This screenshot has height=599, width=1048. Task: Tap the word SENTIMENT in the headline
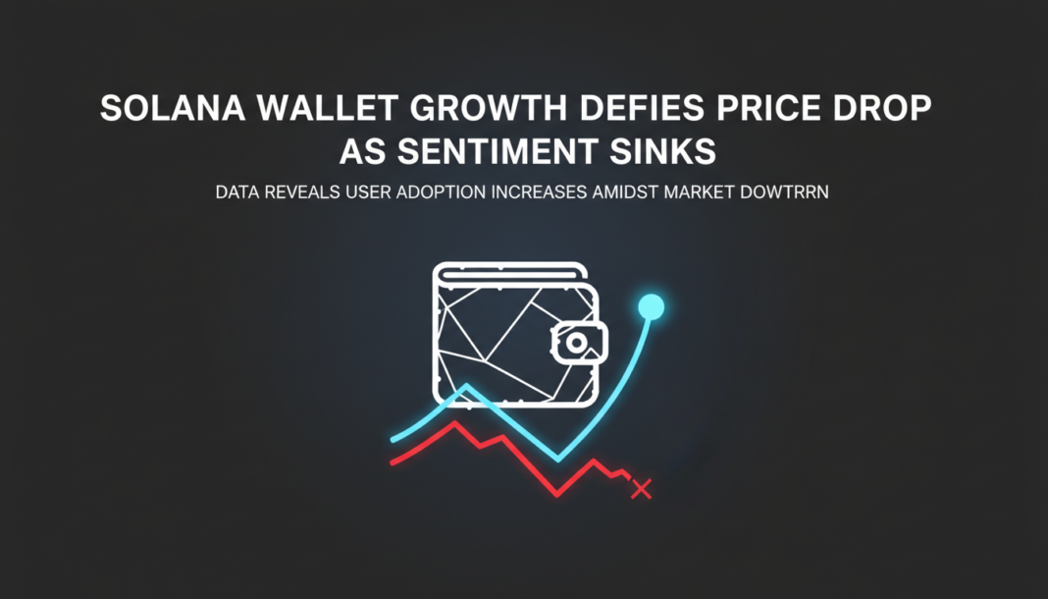471,152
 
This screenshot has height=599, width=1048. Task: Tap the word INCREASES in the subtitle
535,192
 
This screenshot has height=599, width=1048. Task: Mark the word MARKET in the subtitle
703,192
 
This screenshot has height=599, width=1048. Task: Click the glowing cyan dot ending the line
651,308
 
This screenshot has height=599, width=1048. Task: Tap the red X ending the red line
641,488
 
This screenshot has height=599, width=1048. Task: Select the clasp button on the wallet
577,342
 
